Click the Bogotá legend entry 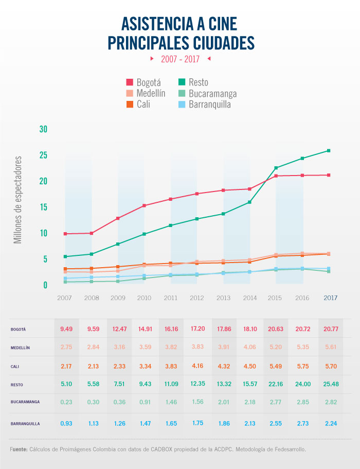pos(144,82)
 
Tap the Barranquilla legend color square pos(182,105)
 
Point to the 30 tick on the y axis pos(43,129)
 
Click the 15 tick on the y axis pos(43,207)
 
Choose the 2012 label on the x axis pos(197,298)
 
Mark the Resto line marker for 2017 pos(328,151)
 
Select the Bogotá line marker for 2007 pos(65,234)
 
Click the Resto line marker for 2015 pos(276,168)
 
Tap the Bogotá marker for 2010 pos(145,205)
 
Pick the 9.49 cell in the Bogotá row pos(66,328)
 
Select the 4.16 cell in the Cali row pos(197,366)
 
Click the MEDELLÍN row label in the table pos(21,348)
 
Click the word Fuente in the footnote pos(19,449)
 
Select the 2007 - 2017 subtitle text pos(180,59)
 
